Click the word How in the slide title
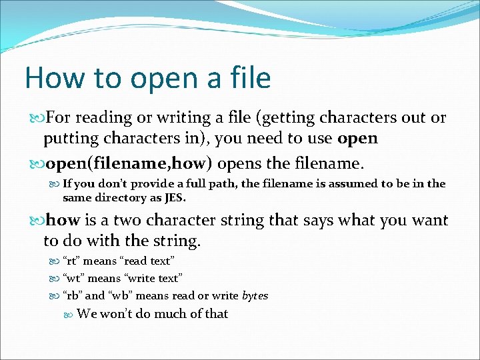coord(54,78)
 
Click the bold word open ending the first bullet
coord(357,139)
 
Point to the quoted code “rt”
coord(72,261)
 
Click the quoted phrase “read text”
coord(147,261)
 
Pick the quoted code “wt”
coord(73,278)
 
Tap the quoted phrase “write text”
coord(152,278)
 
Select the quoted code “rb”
coord(73,295)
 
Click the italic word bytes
coord(255,295)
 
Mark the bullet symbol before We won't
coord(69,314)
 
